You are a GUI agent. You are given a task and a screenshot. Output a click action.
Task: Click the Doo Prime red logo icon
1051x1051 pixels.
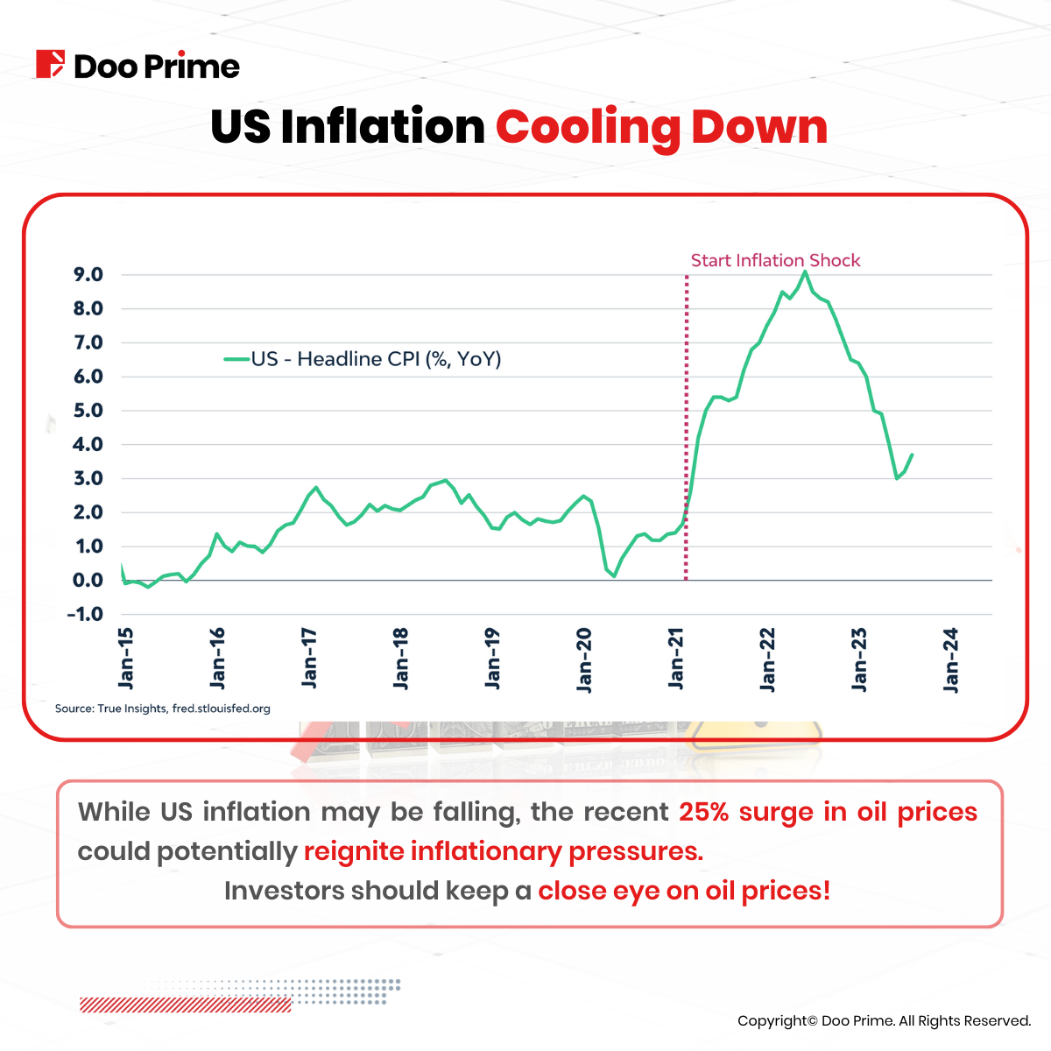pos(50,65)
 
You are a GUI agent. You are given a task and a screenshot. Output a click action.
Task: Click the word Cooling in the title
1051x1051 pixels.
pos(586,128)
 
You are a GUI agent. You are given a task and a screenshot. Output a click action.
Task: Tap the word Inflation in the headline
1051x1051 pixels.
pos(383,128)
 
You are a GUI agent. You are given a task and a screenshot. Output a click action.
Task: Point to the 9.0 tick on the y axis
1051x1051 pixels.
pos(88,275)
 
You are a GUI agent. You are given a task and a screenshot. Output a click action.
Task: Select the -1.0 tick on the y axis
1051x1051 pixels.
pos(85,614)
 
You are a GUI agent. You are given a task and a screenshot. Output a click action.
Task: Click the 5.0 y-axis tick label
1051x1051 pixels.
pos(88,411)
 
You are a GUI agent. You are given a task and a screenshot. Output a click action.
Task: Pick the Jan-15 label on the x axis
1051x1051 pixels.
pos(126,658)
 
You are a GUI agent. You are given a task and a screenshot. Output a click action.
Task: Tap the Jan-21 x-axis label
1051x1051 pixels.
pos(676,658)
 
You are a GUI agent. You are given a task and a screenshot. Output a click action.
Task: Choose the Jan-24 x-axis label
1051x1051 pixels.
pos(951,660)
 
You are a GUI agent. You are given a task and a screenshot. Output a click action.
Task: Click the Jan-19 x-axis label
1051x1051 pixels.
pos(493,658)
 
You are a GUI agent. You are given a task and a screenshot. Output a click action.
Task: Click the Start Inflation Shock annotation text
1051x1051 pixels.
pos(775,260)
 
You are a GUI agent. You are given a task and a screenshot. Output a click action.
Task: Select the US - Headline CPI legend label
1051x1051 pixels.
pos(376,359)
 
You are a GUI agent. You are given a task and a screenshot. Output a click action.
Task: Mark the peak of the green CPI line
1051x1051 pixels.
pos(805,272)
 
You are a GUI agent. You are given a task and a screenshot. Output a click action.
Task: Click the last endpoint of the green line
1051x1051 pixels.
pos(912,455)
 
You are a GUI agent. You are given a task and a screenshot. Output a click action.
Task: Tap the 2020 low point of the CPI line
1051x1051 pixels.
pos(614,575)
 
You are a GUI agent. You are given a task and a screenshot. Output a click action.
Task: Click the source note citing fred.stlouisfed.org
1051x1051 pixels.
pos(163,708)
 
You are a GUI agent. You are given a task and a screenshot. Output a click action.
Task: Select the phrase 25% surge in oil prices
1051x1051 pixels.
pos(828,812)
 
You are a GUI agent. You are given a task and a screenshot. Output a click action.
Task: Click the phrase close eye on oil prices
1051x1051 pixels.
pos(683,891)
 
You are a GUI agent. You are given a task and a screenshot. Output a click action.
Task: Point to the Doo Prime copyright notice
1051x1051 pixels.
pos(884,1020)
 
